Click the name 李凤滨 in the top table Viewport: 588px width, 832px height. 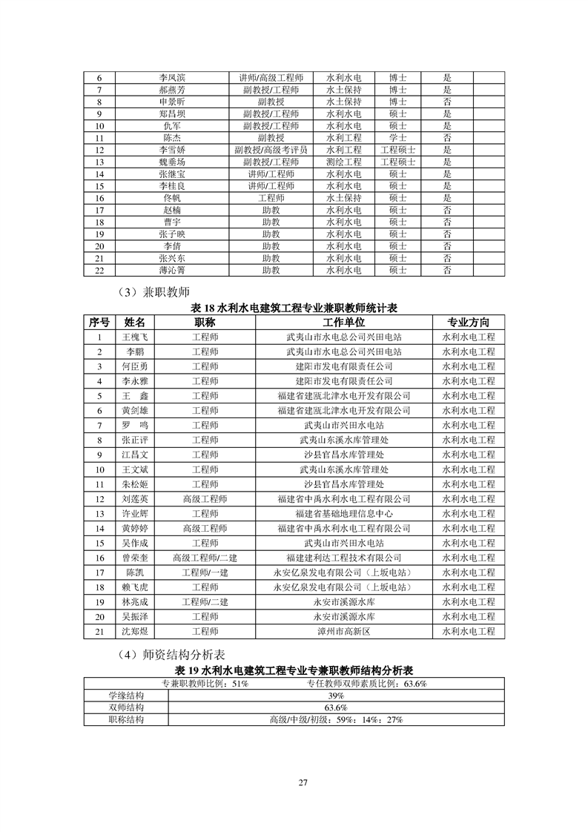[x=172, y=77]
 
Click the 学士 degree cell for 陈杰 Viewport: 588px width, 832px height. [x=398, y=138]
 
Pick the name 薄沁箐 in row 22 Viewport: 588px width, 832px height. [x=172, y=271]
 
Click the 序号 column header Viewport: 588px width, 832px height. [x=99, y=323]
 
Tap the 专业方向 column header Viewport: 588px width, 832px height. [x=468, y=323]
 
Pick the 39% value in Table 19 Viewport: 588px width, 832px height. [x=335, y=696]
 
